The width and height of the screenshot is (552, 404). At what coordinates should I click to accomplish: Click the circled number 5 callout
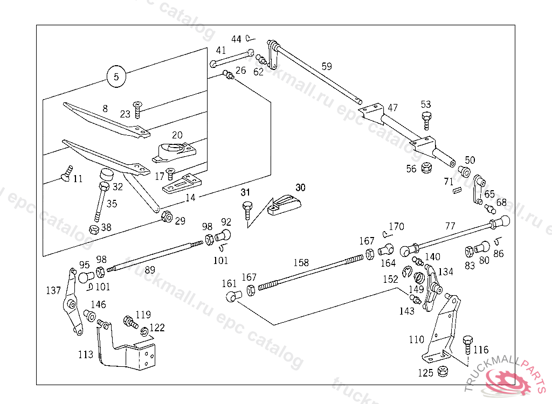116,76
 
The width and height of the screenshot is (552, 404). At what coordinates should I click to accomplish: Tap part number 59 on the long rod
327,67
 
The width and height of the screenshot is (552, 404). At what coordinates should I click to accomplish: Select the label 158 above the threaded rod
301,263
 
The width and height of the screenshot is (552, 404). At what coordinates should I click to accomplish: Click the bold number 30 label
300,187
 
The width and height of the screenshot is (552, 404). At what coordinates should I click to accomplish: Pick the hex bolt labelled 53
426,120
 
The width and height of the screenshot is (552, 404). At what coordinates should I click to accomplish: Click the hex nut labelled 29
167,217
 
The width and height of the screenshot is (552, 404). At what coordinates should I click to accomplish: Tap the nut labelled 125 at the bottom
443,371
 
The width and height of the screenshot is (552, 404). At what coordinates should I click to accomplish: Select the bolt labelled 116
467,344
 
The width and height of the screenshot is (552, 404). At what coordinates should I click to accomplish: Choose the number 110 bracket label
416,340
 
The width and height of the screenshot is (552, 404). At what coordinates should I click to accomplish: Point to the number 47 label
392,108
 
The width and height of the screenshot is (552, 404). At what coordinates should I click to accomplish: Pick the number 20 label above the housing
177,135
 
